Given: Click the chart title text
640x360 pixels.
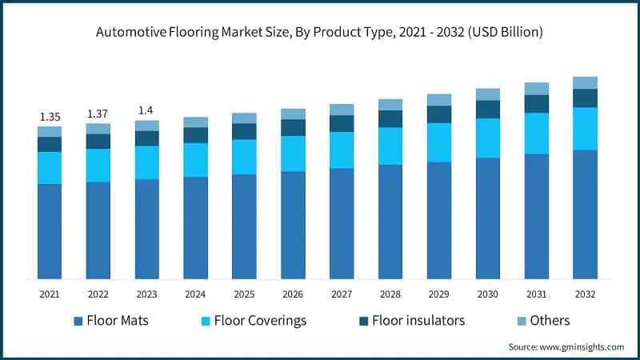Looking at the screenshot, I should pyautogui.click(x=320, y=33).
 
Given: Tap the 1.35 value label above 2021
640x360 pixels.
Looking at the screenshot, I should pyautogui.click(x=50, y=117).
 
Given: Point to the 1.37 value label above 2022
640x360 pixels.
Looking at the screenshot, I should pyautogui.click(x=98, y=114).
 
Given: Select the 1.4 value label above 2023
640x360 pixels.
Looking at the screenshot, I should pyautogui.click(x=147, y=110).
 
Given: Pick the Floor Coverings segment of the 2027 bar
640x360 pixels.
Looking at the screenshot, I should pyautogui.click(x=342, y=150).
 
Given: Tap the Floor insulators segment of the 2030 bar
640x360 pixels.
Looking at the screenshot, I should pyautogui.click(x=488, y=109).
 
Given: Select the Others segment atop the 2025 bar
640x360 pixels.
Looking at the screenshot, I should pyautogui.click(x=244, y=118).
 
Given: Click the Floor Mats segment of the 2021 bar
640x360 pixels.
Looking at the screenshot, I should pyautogui.click(x=50, y=231).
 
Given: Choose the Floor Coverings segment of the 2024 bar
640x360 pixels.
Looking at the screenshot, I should pyautogui.click(x=195, y=160).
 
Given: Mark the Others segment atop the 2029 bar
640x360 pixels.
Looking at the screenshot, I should pyautogui.click(x=439, y=100).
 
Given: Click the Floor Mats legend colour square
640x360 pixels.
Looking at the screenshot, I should pyautogui.click(x=78, y=321).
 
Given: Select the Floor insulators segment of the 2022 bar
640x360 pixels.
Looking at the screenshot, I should pyautogui.click(x=98, y=141).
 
